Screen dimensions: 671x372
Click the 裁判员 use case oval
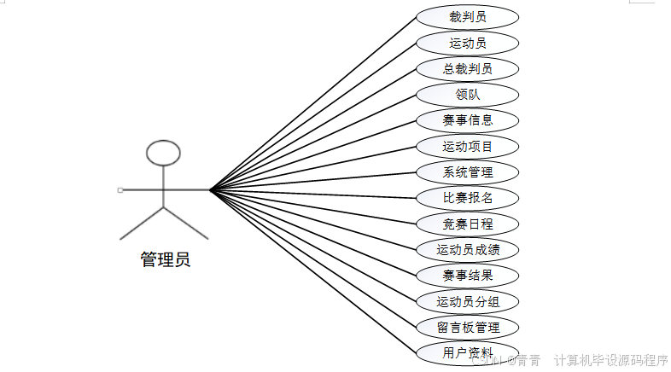[467, 17]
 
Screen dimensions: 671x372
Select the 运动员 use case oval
[467, 43]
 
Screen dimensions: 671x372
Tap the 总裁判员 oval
[467, 69]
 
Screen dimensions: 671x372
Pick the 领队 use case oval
[467, 95]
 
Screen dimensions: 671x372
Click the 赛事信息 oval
[467, 120]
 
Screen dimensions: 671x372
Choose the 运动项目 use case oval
[467, 147]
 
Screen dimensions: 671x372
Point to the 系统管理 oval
[467, 172]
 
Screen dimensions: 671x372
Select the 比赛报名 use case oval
[467, 198]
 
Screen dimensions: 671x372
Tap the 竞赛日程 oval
[467, 224]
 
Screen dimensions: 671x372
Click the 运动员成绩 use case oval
[467, 250]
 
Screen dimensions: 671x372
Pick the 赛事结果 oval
[467, 276]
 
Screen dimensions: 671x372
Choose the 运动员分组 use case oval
[467, 301]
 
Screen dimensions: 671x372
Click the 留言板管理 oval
[467, 327]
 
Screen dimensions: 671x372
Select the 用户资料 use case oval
[467, 352]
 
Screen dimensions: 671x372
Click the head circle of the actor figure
[163, 153]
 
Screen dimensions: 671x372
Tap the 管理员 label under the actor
[165, 259]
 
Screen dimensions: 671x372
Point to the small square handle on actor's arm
[120, 189]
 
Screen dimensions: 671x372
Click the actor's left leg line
[142, 223]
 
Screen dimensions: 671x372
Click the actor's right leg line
[185, 223]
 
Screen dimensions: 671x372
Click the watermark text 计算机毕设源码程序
[610, 360]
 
